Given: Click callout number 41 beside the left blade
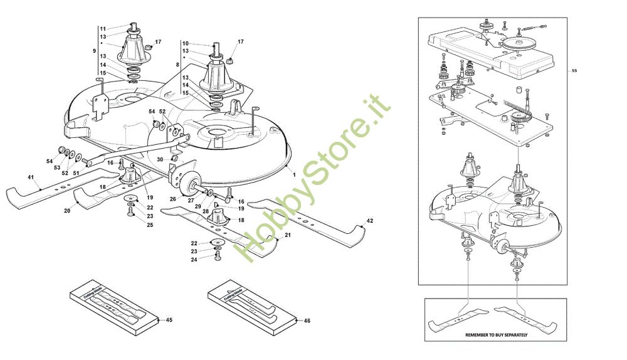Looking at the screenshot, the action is point(29,178).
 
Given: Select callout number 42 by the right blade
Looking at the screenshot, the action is point(370,221).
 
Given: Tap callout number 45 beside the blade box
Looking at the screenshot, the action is point(169,320).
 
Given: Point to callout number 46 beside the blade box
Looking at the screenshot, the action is point(307,320).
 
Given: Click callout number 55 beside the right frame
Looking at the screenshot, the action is point(574,71).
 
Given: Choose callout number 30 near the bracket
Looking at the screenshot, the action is point(160,160).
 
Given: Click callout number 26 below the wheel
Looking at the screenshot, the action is point(173,200).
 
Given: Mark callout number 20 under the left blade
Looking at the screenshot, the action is point(67,211).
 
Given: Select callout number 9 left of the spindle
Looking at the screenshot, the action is point(95,50).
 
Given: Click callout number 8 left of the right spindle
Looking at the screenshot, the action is point(178,64).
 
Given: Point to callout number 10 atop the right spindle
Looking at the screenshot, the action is point(186,44).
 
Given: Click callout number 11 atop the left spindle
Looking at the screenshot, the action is point(103,28).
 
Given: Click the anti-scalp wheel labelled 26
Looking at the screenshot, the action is point(186,183).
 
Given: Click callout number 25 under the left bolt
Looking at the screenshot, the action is point(150,225).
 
